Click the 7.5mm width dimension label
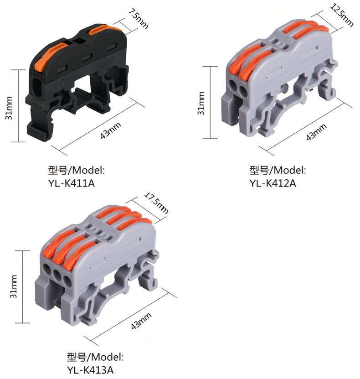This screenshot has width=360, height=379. pyautogui.click(x=138, y=19)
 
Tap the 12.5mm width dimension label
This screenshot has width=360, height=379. pyautogui.click(x=342, y=15)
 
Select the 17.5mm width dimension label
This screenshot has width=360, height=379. pyautogui.click(x=156, y=203)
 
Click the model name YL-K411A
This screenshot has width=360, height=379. pyautogui.click(x=72, y=183)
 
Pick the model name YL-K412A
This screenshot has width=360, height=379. pyautogui.click(x=273, y=183)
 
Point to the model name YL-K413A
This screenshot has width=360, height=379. pyautogui.click(x=90, y=370)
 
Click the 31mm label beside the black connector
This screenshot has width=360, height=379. pyautogui.click(x=9, y=108)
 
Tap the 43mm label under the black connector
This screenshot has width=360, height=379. pyautogui.click(x=111, y=131)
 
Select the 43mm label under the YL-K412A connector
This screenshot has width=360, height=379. pyautogui.click(x=316, y=132)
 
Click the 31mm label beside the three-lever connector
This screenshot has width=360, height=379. pyautogui.click(x=14, y=286)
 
